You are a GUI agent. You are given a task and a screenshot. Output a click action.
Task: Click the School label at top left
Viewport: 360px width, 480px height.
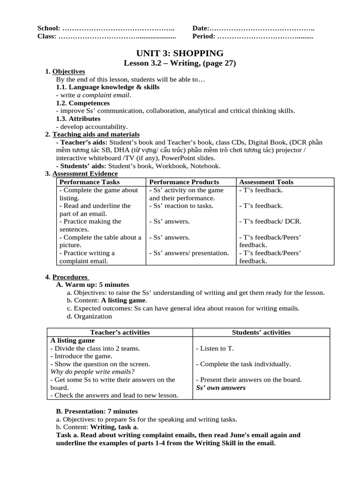tap(49, 29)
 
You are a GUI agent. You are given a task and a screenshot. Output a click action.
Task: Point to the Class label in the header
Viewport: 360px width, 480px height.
tap(47, 36)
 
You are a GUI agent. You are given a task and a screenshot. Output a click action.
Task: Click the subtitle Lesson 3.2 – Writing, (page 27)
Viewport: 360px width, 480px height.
tap(180, 63)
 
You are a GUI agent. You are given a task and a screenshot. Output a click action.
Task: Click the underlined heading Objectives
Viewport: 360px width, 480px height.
tap(68, 71)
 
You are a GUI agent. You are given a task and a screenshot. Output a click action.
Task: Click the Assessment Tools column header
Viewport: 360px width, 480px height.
tap(266, 182)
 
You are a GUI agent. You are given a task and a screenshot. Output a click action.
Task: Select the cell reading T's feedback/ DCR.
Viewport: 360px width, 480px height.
tap(270, 221)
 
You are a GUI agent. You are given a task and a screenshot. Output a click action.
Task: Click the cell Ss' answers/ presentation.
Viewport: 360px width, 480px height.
tap(189, 253)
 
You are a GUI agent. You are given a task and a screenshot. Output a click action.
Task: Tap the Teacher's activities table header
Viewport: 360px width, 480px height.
tap(120, 332)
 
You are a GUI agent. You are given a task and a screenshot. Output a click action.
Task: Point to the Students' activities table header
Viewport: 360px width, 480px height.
tap(261, 332)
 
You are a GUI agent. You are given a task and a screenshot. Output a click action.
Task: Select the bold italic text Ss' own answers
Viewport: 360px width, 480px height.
tap(221, 388)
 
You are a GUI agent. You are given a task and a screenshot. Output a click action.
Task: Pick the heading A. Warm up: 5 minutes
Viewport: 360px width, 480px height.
tap(92, 285)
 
